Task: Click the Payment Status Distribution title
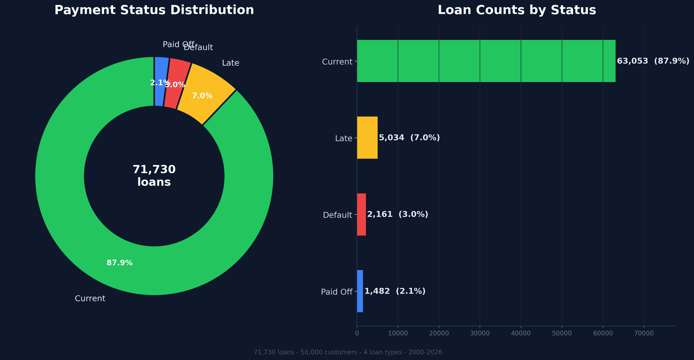point(154,10)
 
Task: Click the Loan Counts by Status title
point(516,10)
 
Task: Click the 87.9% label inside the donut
point(120,263)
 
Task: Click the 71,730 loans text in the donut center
point(154,176)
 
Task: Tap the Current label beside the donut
point(90,298)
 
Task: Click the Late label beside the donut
point(230,63)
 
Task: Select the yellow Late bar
point(367,138)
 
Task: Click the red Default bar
point(361,215)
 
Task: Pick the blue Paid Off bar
point(360,291)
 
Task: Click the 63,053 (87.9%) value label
point(653,61)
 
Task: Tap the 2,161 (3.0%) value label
point(397,215)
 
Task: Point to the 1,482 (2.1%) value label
point(395,291)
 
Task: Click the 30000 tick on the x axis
point(480,333)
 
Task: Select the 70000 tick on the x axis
point(644,333)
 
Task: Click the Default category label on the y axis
point(337,215)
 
